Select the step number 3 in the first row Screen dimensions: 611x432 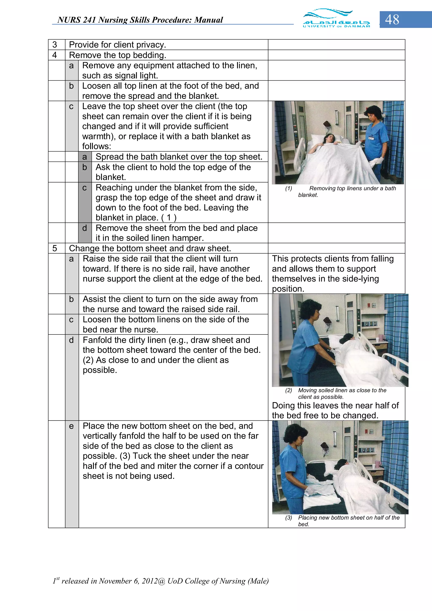pyautogui.click(x=55, y=45)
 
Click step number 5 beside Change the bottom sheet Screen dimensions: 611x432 pyautogui.click(x=55, y=248)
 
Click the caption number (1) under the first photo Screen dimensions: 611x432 pyautogui.click(x=289, y=188)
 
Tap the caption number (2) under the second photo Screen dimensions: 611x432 pyautogui.click(x=289, y=390)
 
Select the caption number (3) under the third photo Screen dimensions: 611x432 pyautogui.click(x=289, y=518)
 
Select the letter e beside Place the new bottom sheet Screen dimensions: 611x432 pyautogui.click(x=71, y=426)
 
